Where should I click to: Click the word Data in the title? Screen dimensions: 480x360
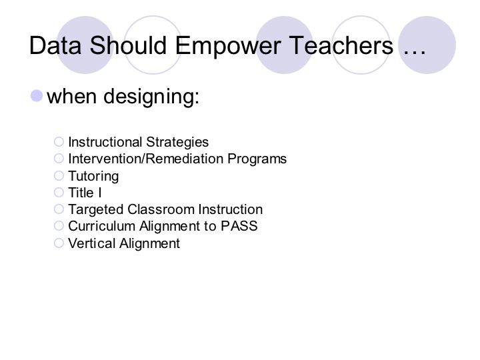[55, 45]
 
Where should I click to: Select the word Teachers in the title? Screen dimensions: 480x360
[341, 45]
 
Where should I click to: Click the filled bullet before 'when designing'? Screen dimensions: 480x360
[37, 96]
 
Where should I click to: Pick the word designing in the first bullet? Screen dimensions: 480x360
[151, 97]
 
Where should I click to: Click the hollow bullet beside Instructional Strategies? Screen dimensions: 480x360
[59, 142]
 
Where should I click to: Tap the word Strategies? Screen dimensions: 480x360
[177, 143]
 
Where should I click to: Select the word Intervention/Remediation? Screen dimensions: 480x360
[146, 159]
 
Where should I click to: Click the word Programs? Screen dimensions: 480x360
[257, 159]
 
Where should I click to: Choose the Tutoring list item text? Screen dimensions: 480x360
[93, 176]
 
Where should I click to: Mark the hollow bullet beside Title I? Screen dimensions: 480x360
[59, 192]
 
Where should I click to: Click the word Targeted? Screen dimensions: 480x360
[96, 210]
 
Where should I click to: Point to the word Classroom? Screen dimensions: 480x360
[161, 209]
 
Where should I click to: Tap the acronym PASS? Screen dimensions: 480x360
[239, 226]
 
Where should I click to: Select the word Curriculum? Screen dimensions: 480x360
[101, 226]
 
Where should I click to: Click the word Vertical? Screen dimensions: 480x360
[91, 243]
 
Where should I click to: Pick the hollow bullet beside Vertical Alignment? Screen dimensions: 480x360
[59, 243]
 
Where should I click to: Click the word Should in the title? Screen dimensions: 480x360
[128, 45]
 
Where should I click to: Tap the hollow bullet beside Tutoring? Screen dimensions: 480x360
[59, 176]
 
